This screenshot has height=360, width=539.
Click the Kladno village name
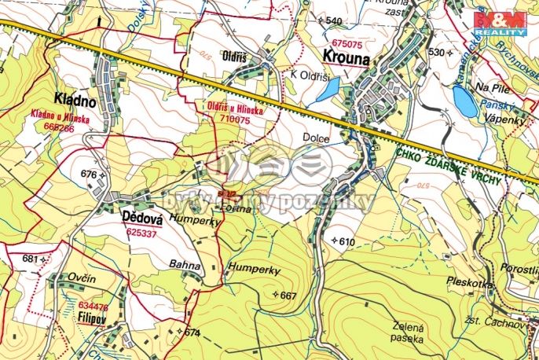tap(75, 100)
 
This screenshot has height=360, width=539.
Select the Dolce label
tap(316, 137)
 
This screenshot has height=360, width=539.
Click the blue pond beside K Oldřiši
tap(327, 91)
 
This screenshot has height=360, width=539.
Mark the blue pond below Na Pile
tap(464, 101)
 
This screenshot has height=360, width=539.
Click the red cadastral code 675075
tap(346, 44)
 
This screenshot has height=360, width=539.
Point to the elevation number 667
tap(288, 296)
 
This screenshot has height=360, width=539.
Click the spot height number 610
tap(346, 241)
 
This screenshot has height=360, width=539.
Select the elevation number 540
tap(334, 20)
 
